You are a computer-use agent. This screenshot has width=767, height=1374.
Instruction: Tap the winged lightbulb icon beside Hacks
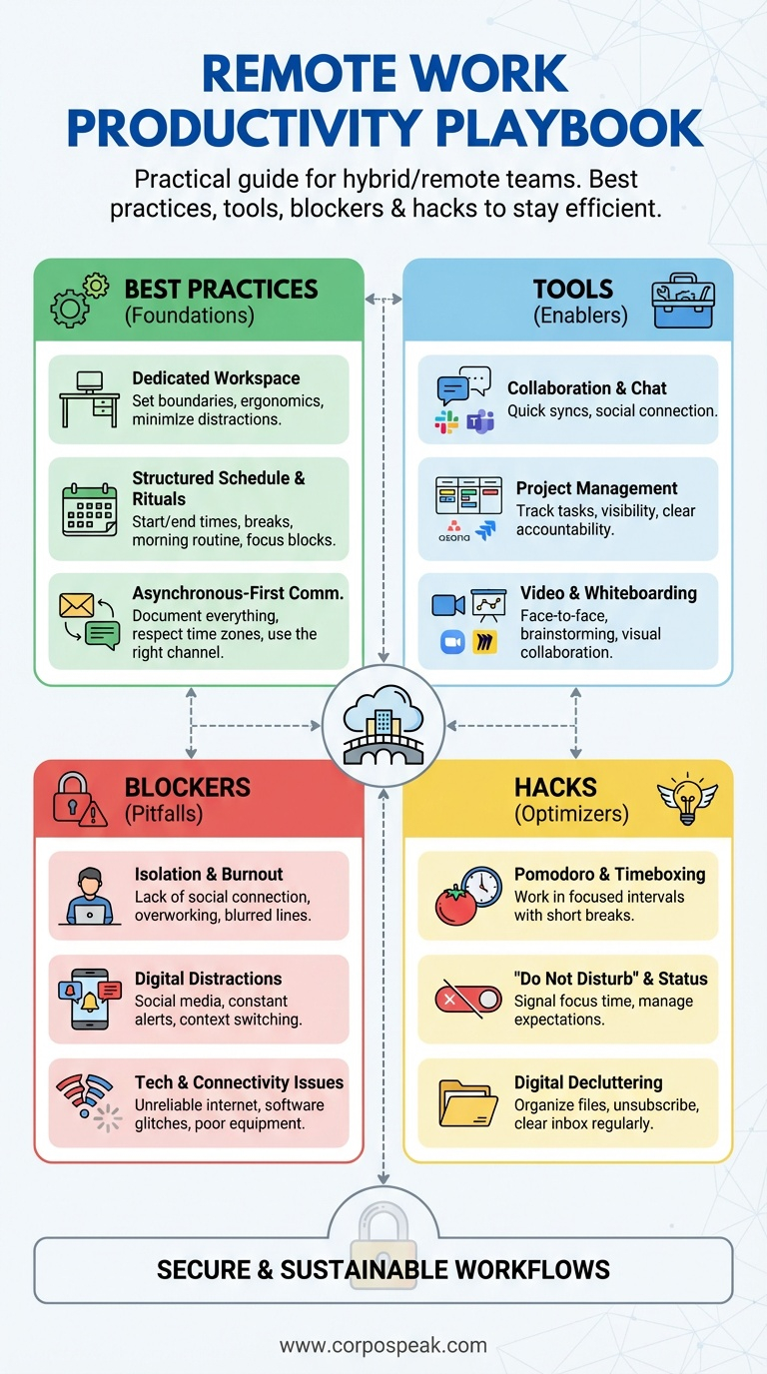coord(687,799)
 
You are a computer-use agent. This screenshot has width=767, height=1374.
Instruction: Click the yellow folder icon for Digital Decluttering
coord(468,1101)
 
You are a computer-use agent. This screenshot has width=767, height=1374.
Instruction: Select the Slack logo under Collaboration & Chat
coord(446,421)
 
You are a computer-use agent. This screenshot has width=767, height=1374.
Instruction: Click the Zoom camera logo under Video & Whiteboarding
coord(453,641)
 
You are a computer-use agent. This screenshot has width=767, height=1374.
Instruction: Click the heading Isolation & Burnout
coord(209,874)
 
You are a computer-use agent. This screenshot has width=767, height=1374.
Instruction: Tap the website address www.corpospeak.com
coord(383,1345)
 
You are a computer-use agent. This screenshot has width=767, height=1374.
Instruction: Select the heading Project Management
coord(596,488)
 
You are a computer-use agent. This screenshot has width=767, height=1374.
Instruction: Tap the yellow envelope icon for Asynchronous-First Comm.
coord(76,605)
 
